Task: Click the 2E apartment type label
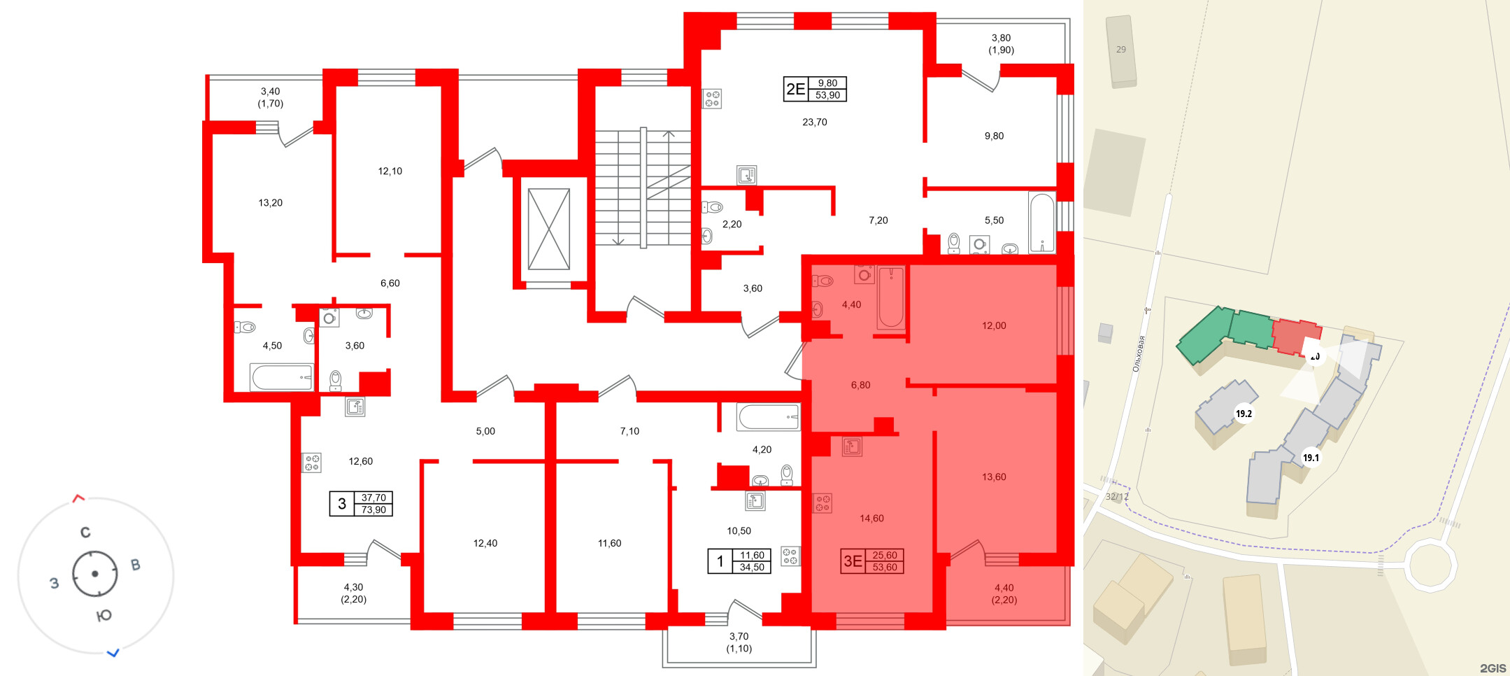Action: tap(795, 89)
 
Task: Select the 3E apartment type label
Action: tap(853, 561)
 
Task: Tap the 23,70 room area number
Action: tap(814, 122)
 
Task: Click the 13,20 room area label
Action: tap(270, 203)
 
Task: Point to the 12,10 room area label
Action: tap(390, 171)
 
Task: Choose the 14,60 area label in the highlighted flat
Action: tap(871, 519)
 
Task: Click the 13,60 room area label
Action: tap(993, 477)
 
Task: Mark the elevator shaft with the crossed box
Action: tap(548, 229)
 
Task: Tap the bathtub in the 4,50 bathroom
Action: tap(281, 377)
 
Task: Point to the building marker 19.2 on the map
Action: tap(1244, 414)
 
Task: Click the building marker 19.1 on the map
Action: tap(1311, 458)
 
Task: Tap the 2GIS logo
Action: tap(1493, 668)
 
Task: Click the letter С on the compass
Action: tap(85, 533)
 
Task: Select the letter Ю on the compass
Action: tap(104, 616)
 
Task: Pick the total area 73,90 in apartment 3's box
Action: tap(373, 510)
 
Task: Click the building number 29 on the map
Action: tap(1121, 50)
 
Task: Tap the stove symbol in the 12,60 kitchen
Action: tap(311, 463)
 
